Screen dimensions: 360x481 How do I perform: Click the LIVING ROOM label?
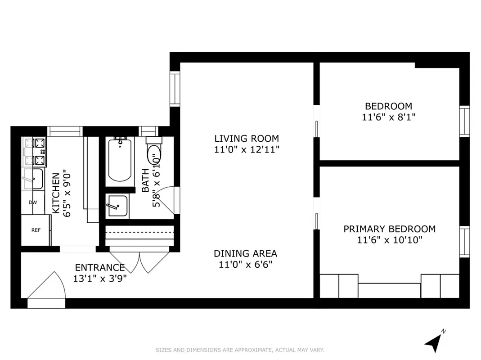[x=246, y=139]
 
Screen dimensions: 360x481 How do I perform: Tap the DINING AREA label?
[x=245, y=254]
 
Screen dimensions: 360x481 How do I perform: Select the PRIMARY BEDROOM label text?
[x=389, y=229]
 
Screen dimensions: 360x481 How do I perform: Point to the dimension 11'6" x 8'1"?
[x=388, y=117]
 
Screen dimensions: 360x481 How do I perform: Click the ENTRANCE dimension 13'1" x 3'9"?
[x=100, y=279]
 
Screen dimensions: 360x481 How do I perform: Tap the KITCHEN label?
[x=55, y=193]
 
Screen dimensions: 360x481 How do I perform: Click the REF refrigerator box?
[x=36, y=230]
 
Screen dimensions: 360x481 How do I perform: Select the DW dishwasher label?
[x=33, y=202]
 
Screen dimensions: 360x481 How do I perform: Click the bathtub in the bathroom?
[x=120, y=160]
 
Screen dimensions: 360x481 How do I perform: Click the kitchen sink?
[x=33, y=179]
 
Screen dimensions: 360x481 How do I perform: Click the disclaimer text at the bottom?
[x=240, y=350]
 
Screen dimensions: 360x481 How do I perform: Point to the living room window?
[x=175, y=89]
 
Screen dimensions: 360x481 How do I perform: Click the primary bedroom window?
[x=464, y=242]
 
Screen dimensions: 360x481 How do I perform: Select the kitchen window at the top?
[x=65, y=131]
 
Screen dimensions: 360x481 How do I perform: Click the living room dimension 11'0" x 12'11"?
[x=247, y=150]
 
